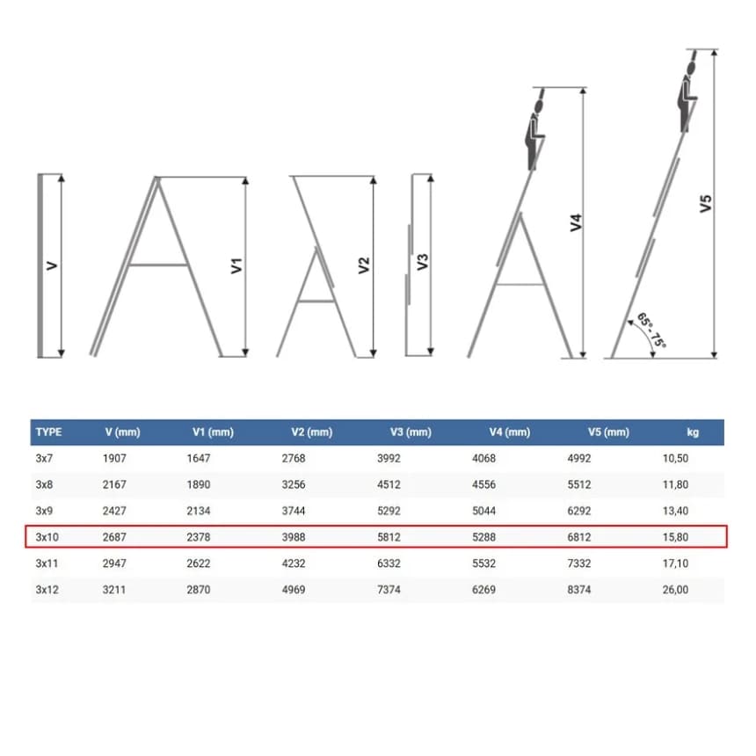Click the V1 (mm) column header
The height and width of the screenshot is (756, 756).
[213, 432]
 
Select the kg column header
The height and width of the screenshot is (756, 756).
[693, 432]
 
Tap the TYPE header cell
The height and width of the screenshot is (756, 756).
[48, 432]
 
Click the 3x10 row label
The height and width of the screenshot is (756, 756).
[47, 536]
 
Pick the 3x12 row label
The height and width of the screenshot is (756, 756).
[47, 589]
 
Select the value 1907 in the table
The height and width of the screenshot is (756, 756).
[114, 458]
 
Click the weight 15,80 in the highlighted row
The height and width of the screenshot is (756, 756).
[675, 536]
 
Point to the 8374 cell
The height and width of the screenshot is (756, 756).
[579, 589]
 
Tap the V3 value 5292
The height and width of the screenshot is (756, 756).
[389, 511]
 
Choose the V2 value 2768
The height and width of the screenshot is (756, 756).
[294, 458]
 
